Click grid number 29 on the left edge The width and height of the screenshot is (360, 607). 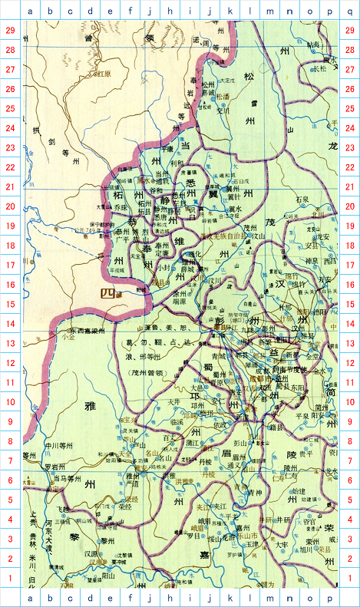point(11,29)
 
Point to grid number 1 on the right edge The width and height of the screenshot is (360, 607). point(349,578)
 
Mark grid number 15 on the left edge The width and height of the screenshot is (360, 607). point(11,304)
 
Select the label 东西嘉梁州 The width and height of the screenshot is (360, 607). point(87,332)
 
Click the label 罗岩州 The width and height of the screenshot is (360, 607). point(55,467)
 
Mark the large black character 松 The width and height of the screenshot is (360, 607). point(249,76)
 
